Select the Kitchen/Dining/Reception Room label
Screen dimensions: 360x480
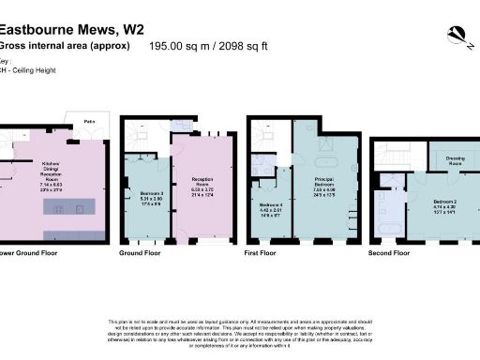tap(48, 181)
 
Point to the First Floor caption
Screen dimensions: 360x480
tap(263, 253)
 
